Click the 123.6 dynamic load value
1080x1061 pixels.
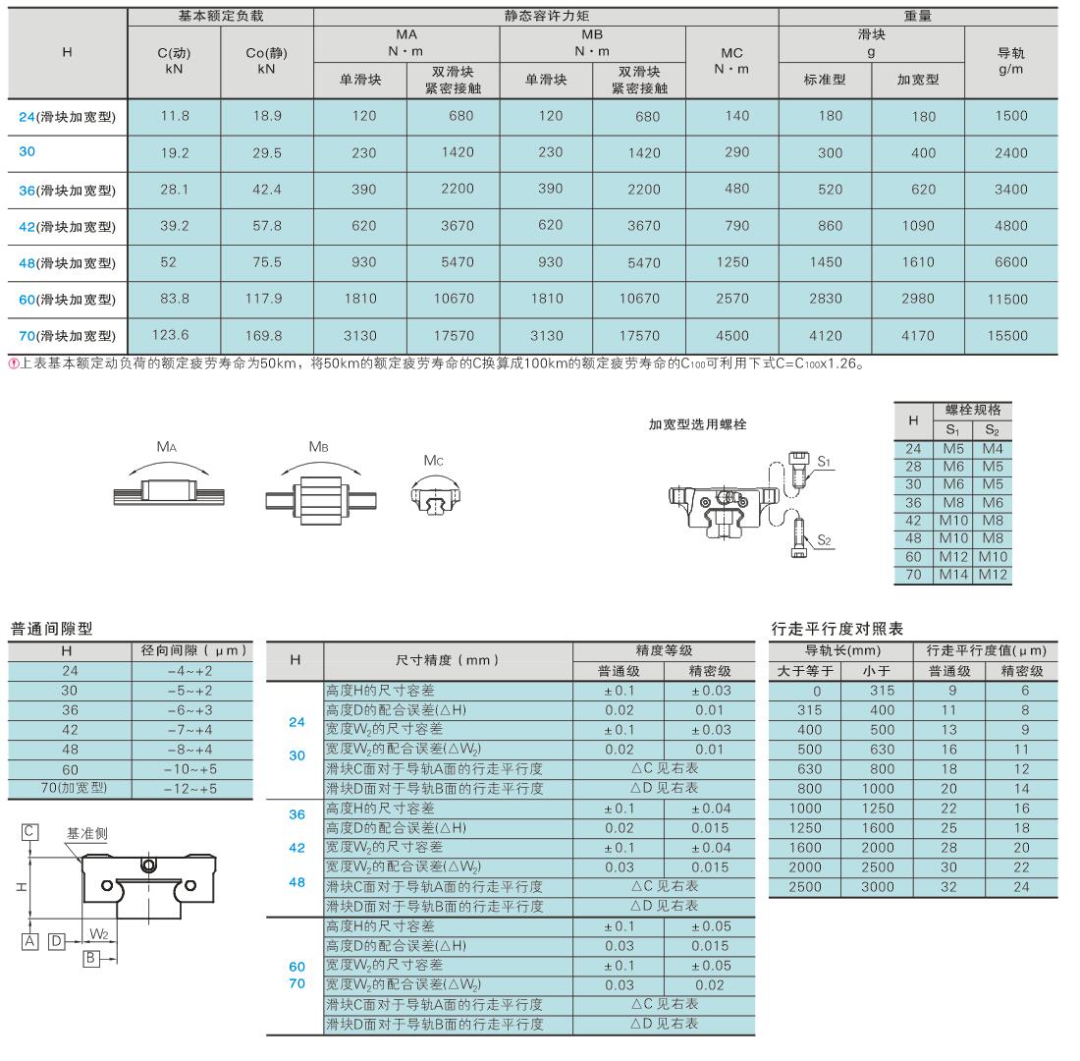(x=175, y=335)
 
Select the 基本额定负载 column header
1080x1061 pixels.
(x=221, y=17)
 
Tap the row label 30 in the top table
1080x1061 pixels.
(x=27, y=152)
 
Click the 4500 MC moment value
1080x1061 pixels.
(x=731, y=335)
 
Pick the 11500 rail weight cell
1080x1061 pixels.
(x=1008, y=299)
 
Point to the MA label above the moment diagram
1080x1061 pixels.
(x=167, y=446)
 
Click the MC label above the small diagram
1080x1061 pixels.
(x=435, y=460)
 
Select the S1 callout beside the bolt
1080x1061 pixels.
(x=824, y=460)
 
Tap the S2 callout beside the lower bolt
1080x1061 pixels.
(x=824, y=539)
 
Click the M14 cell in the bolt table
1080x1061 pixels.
(x=952, y=575)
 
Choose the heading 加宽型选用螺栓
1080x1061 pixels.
(x=697, y=424)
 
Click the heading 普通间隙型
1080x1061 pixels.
(x=51, y=628)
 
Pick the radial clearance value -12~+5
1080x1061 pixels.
(x=191, y=788)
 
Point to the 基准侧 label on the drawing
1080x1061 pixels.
(x=86, y=833)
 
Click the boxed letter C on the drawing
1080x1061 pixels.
(x=30, y=832)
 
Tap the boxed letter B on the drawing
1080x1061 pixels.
(x=90, y=958)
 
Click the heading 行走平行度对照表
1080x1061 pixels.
(x=837, y=628)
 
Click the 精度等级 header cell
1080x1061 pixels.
(x=664, y=650)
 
